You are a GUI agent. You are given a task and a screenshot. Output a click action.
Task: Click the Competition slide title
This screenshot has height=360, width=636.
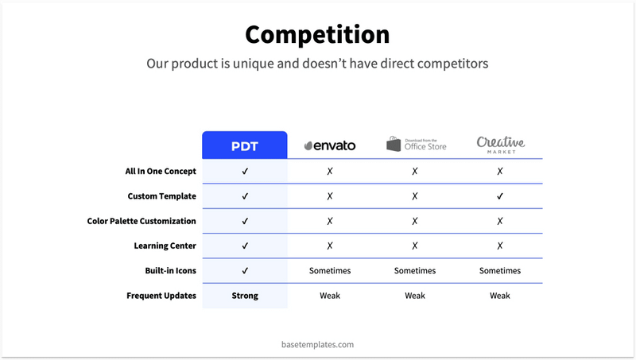(x=317, y=35)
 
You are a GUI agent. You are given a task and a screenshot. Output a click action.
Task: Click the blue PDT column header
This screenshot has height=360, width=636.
(x=245, y=145)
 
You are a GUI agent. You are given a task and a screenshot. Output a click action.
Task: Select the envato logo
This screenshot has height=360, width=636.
(x=330, y=145)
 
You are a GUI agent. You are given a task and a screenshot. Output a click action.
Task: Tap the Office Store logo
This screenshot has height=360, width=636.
(x=416, y=144)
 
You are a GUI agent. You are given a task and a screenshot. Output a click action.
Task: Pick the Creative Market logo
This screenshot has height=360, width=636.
(x=500, y=144)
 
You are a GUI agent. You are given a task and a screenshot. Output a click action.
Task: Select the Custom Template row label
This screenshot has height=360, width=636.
(x=161, y=195)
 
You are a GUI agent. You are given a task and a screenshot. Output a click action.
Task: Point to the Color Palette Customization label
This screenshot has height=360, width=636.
(x=142, y=221)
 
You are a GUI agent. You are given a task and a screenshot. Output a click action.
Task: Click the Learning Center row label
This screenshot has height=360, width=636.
(x=161, y=246)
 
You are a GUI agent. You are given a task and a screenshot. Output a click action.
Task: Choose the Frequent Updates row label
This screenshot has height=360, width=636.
(x=161, y=296)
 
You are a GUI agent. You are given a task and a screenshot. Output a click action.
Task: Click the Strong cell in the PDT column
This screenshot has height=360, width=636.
(x=245, y=296)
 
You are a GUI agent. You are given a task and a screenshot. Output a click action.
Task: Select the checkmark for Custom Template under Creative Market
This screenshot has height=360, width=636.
(x=500, y=195)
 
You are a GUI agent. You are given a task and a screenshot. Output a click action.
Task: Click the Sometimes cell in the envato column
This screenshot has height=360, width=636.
(x=330, y=271)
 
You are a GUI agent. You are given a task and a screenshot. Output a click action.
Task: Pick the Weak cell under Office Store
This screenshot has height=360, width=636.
(x=415, y=296)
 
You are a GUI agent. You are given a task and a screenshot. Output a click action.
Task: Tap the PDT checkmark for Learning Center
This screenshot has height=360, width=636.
(x=245, y=246)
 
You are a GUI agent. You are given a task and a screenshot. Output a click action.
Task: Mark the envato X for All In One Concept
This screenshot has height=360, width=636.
(x=330, y=171)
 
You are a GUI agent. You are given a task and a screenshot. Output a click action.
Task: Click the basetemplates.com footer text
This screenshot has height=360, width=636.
(x=318, y=344)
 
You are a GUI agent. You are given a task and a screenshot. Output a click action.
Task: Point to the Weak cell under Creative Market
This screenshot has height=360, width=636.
(x=500, y=296)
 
